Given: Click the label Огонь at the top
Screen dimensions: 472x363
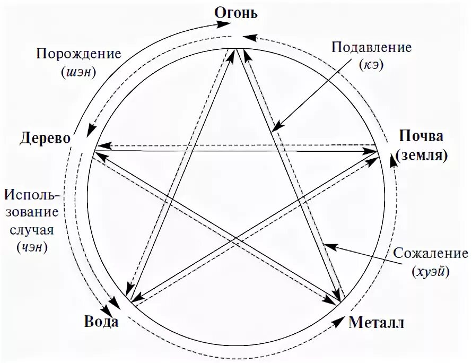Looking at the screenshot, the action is [x=236, y=12].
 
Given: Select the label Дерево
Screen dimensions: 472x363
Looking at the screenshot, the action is [x=46, y=139].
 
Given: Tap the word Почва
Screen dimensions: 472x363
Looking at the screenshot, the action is [x=422, y=136].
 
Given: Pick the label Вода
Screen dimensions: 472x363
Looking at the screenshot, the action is [x=101, y=322].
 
